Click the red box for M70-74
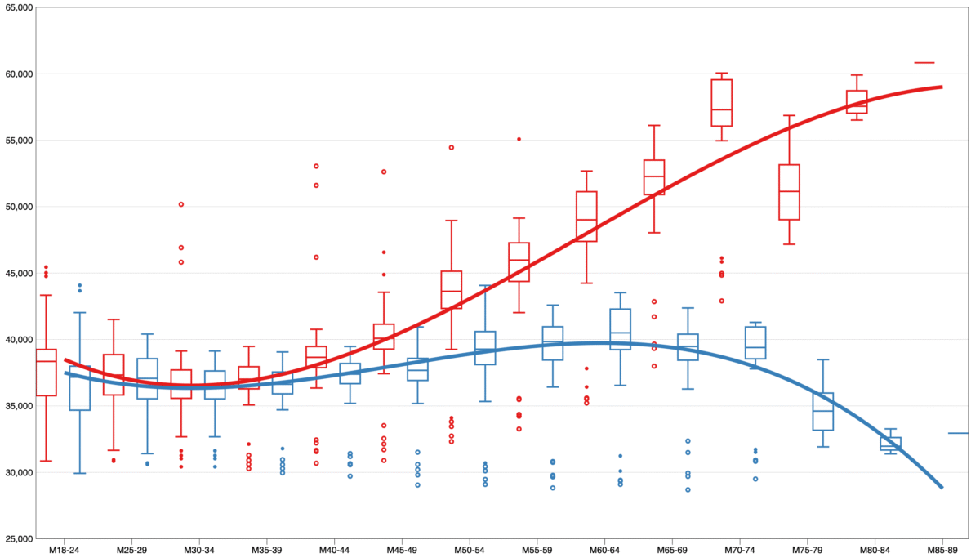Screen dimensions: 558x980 click(721, 103)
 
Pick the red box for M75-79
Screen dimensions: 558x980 click(789, 192)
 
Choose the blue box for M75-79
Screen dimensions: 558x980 click(823, 412)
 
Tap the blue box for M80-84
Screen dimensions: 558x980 click(891, 444)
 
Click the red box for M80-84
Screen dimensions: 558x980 click(857, 101)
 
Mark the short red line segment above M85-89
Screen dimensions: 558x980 click(924, 62)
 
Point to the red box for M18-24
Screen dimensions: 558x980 click(47, 373)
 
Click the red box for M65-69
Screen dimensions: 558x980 click(654, 177)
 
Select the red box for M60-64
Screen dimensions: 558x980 click(586, 217)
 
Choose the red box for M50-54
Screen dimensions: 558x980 click(452, 289)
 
